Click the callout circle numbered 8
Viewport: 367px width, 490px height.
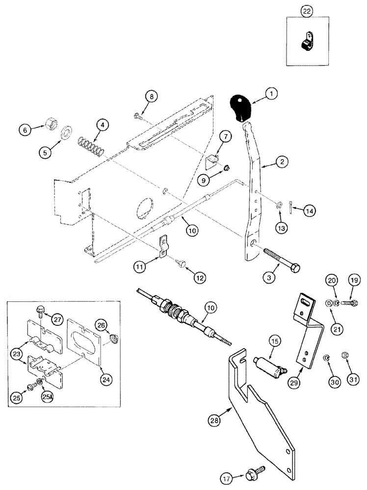(152, 98)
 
